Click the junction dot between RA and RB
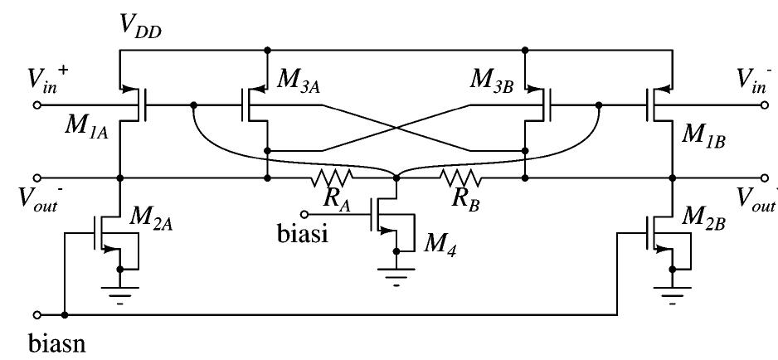[x=396, y=178]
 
